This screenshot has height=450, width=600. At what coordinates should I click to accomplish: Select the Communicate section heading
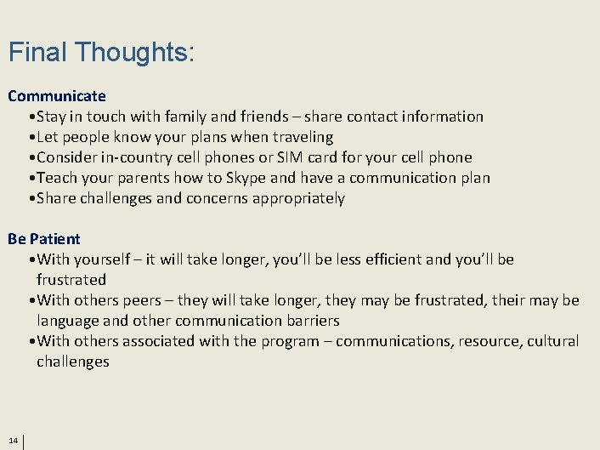57,96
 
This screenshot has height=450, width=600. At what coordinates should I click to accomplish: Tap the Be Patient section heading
44,239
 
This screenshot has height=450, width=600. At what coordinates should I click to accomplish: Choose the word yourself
106,259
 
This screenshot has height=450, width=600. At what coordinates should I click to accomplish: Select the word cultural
553,341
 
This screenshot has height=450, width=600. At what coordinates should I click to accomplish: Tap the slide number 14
13,441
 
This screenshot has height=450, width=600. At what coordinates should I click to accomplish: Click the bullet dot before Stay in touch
31,117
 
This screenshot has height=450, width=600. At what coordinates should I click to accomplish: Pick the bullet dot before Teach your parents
31,179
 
